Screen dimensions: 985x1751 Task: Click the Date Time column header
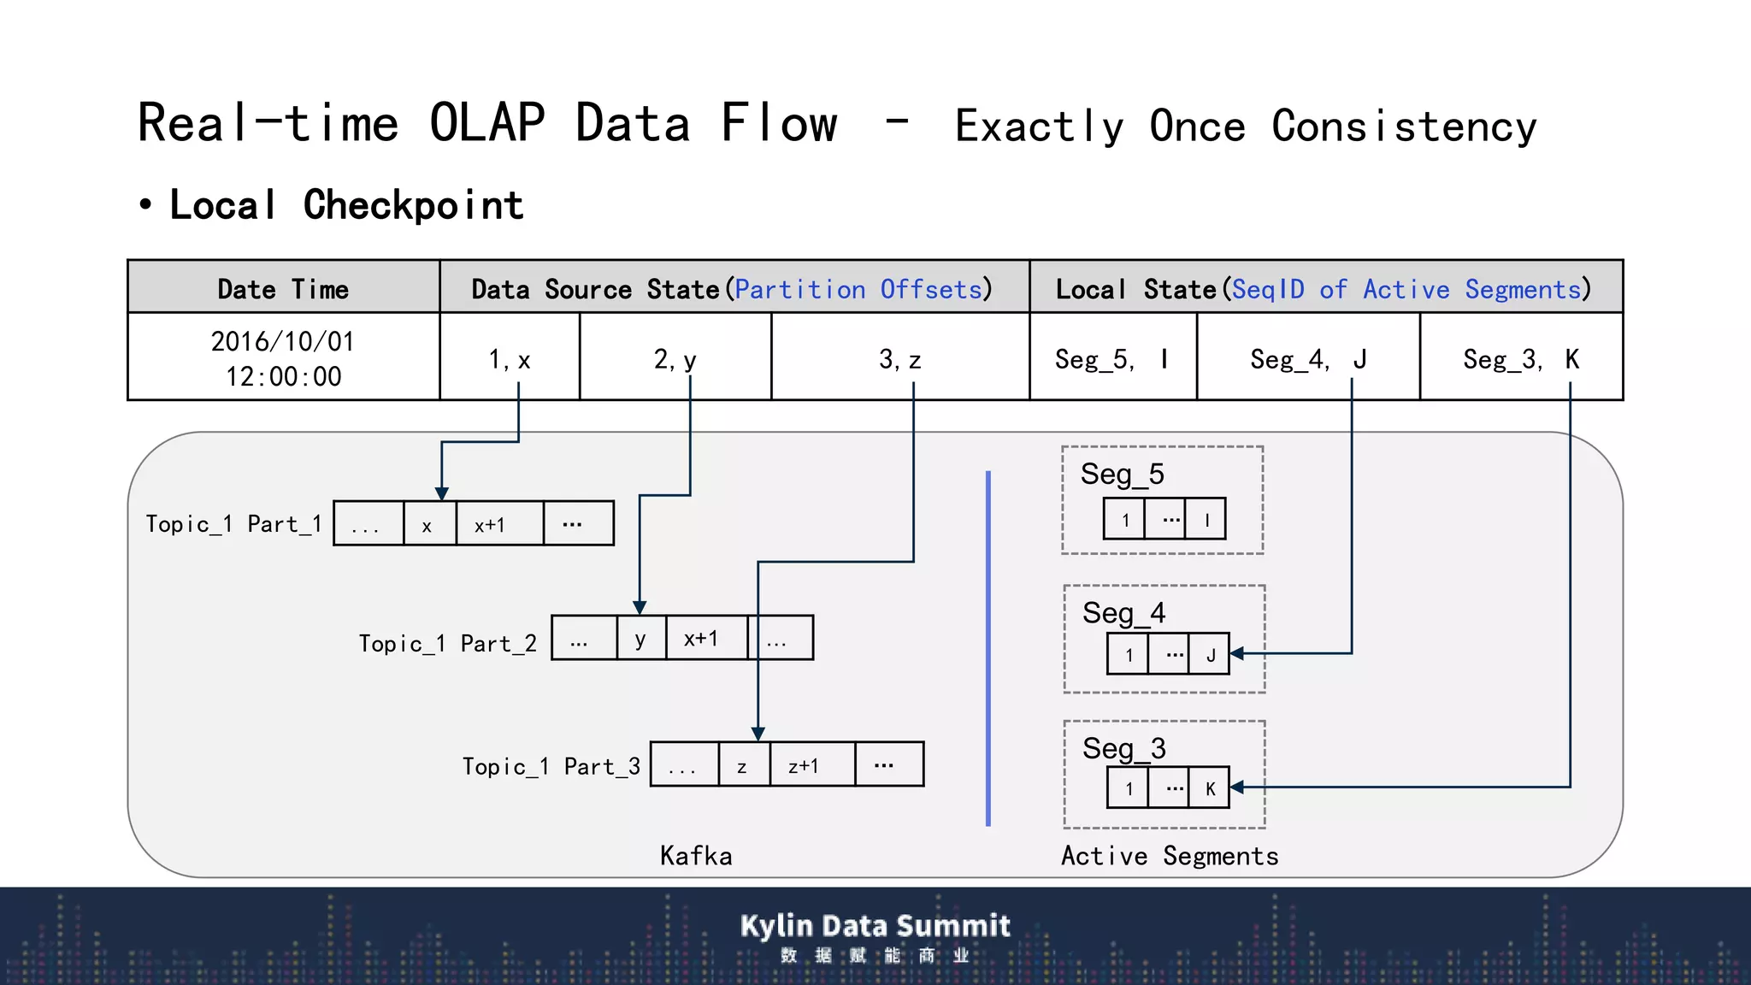point(283,289)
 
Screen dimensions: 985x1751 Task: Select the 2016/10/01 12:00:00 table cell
point(283,358)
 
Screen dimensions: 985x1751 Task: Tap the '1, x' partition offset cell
point(510,358)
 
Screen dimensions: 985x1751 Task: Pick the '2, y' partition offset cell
point(675,358)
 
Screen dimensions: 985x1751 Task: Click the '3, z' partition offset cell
point(899,358)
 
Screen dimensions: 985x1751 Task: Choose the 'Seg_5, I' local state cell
point(1111,358)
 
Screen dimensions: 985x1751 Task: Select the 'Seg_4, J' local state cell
point(1307,358)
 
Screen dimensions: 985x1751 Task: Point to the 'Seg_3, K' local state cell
point(1520,358)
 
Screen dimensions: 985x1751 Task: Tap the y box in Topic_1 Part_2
point(640,638)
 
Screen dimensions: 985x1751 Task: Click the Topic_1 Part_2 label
point(447,643)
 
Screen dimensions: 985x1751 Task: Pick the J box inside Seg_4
point(1210,655)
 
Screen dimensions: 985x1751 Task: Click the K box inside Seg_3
point(1210,788)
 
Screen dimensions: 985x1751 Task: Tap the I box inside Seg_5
point(1206,520)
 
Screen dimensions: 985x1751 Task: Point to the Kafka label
point(696,856)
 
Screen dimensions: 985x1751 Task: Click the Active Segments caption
point(1169,856)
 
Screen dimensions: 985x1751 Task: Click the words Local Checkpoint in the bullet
point(346,205)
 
